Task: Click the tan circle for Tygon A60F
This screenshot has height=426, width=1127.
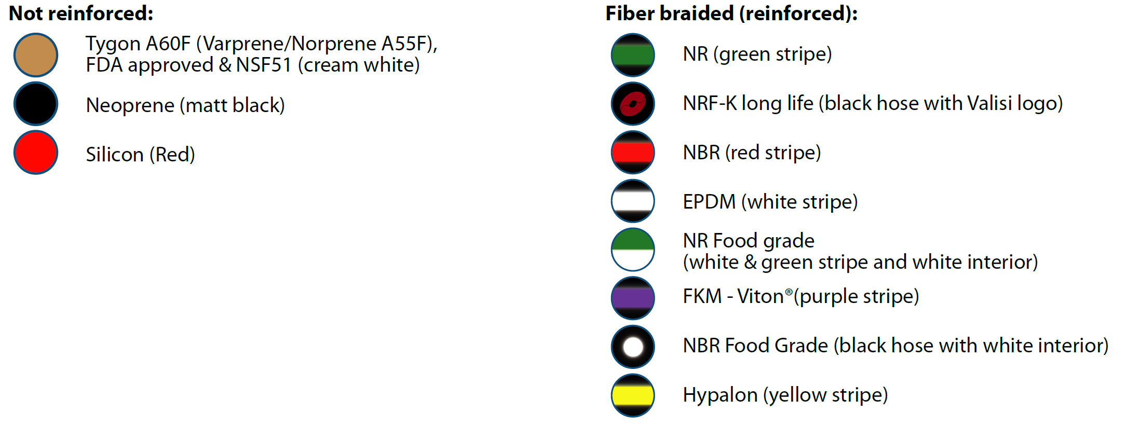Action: [36, 55]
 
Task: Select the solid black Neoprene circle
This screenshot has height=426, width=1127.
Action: [36, 104]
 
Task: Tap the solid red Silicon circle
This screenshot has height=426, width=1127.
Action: [36, 153]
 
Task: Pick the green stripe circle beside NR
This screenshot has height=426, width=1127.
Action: [633, 55]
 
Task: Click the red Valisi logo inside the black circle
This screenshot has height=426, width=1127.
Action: [633, 104]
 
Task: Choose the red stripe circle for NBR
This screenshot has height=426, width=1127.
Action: [633, 153]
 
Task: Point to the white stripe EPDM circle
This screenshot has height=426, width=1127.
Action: [633, 201]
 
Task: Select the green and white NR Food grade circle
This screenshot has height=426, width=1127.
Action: [633, 250]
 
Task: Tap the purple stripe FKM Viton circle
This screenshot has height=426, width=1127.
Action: [633, 298]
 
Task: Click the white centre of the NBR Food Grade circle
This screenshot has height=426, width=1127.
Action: [633, 347]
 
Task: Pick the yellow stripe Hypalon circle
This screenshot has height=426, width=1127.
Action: [633, 395]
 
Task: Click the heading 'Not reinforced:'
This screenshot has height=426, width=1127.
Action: [81, 13]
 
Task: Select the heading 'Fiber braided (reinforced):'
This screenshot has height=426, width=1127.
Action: [731, 13]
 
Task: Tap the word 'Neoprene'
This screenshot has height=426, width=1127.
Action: [130, 105]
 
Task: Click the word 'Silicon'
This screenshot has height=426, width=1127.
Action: [115, 155]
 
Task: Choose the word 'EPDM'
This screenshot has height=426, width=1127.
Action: [709, 202]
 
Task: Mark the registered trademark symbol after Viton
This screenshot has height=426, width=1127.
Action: [789, 292]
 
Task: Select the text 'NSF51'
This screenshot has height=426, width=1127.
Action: [264, 65]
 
